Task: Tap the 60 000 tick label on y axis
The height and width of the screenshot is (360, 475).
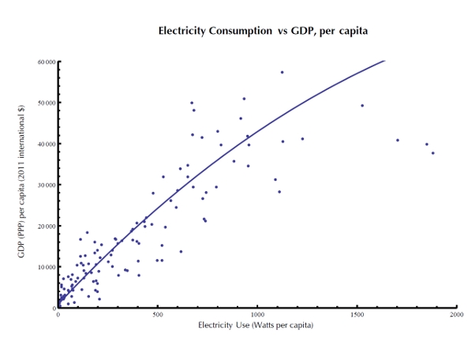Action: point(45,62)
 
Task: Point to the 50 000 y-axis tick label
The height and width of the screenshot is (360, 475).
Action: point(45,103)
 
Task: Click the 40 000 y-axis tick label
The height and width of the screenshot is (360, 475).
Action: point(45,144)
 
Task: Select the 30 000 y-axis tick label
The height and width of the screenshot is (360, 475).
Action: point(45,185)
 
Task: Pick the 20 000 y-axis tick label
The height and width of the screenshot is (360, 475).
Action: point(45,226)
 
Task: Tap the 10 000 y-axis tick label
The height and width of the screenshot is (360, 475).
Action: point(45,267)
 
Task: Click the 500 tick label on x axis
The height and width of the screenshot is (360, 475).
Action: point(158,315)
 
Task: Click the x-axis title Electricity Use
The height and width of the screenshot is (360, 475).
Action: point(256,324)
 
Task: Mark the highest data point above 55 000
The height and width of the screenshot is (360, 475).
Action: point(282,72)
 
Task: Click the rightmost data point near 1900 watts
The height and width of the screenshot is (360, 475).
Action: point(433,152)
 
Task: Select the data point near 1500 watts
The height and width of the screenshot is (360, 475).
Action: point(362,105)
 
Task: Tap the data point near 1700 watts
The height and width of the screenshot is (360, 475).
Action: point(398,140)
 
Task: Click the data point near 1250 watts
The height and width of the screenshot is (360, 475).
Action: point(302,139)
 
